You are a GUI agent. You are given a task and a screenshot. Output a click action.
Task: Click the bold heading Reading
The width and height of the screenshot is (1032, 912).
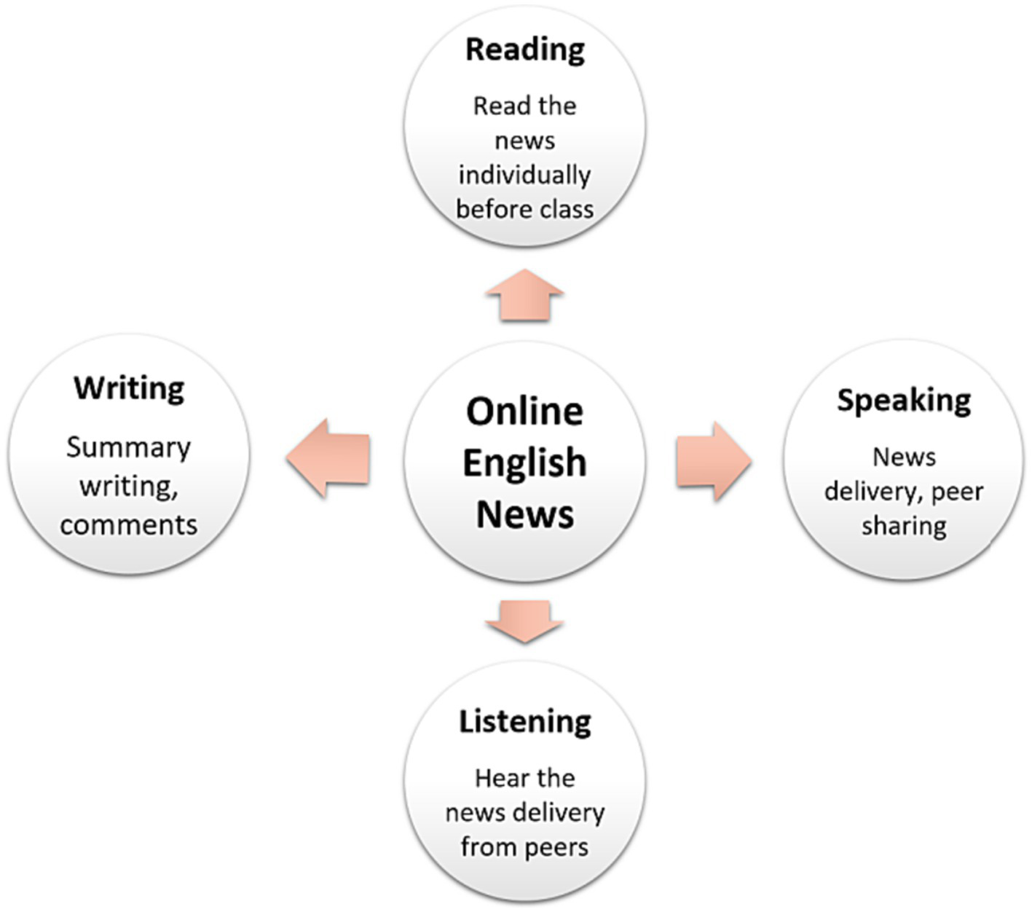(x=524, y=50)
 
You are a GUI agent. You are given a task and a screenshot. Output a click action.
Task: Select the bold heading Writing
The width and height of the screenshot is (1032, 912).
(x=129, y=388)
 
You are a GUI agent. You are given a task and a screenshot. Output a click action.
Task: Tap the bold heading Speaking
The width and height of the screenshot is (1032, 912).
(x=903, y=401)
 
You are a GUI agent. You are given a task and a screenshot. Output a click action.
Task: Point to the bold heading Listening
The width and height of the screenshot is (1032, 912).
(x=524, y=722)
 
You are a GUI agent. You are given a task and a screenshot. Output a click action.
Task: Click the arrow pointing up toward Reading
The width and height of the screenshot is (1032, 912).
(x=524, y=294)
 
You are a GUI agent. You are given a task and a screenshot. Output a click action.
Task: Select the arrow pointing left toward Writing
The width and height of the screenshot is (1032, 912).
(x=328, y=459)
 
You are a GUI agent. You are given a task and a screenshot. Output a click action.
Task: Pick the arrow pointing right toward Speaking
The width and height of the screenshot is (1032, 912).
(x=713, y=461)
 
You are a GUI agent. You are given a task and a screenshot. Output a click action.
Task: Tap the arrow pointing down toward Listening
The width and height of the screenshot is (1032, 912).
(x=524, y=621)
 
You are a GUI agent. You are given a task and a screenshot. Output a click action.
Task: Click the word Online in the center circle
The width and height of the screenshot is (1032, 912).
(x=524, y=412)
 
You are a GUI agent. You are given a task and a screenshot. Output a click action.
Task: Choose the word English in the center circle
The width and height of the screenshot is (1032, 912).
(x=524, y=463)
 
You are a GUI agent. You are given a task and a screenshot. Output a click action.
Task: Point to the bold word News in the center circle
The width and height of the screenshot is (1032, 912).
(x=524, y=514)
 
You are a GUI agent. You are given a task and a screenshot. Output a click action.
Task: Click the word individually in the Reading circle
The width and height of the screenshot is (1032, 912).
(x=524, y=176)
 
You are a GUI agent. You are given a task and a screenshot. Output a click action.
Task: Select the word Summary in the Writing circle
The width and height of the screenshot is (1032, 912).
(x=128, y=447)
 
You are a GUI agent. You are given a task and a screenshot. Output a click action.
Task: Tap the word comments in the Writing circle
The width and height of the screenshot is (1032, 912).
(x=128, y=525)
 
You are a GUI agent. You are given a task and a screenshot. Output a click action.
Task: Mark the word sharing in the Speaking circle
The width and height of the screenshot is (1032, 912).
(x=904, y=526)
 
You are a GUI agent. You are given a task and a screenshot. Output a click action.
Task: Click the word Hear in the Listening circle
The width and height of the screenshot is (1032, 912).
(x=497, y=779)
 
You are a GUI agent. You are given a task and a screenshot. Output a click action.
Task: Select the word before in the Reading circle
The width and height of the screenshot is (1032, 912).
(x=489, y=210)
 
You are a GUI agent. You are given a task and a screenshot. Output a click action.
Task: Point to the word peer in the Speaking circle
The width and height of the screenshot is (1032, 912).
(x=957, y=492)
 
